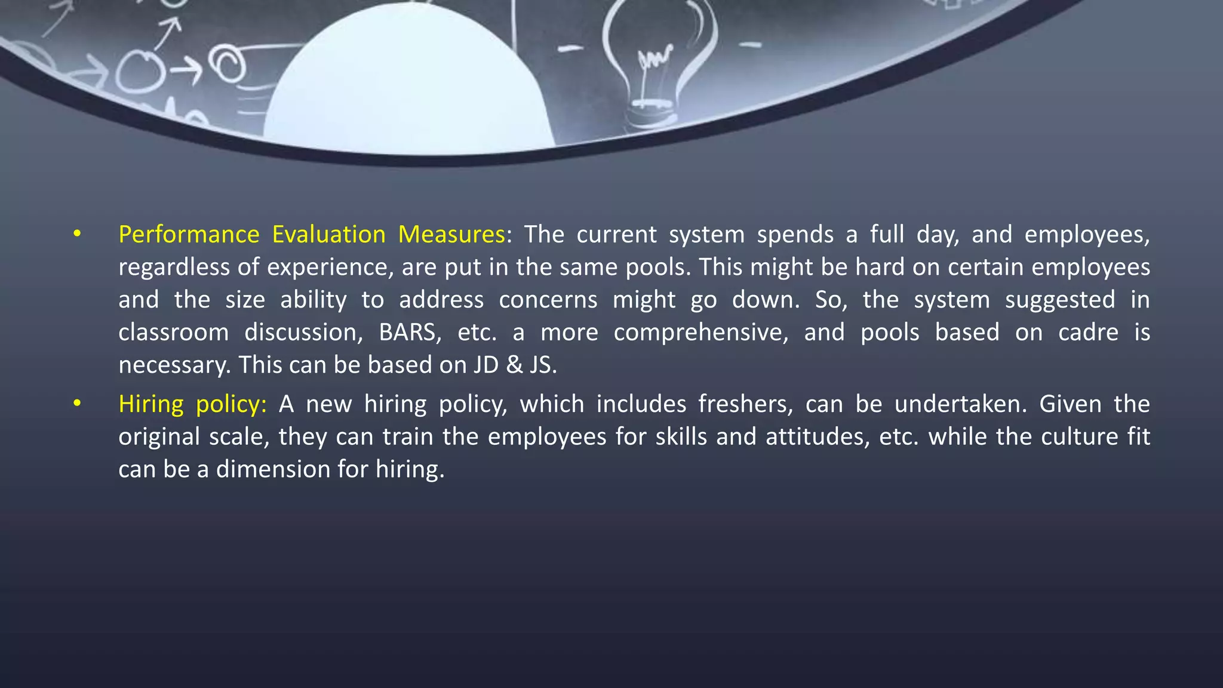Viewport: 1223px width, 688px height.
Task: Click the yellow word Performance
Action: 189,235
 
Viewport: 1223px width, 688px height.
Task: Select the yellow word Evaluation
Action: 328,235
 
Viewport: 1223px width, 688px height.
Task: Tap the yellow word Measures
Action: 451,235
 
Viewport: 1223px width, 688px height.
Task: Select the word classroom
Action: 173,333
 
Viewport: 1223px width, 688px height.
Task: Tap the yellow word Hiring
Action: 151,404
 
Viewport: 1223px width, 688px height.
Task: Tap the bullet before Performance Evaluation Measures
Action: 77,234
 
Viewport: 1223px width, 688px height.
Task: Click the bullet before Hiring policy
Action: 77,404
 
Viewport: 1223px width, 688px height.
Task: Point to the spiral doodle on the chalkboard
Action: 228,63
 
